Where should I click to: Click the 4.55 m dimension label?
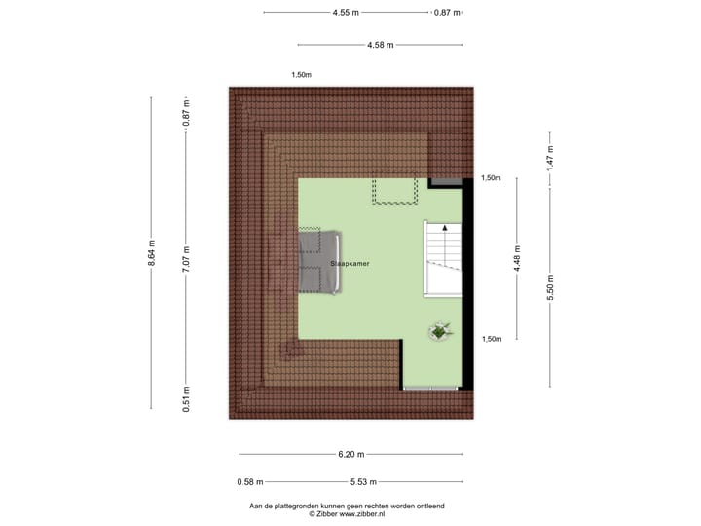346,13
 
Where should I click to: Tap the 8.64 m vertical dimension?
151,253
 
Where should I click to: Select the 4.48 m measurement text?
517,258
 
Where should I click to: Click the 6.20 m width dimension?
351,454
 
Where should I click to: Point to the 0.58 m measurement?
250,481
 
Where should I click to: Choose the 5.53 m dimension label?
364,481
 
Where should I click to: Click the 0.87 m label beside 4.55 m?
447,13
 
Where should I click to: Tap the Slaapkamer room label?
349,264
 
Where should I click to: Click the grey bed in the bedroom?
319,262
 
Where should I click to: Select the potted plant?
440,332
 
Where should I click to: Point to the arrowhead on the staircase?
445,227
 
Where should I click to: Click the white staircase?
443,259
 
